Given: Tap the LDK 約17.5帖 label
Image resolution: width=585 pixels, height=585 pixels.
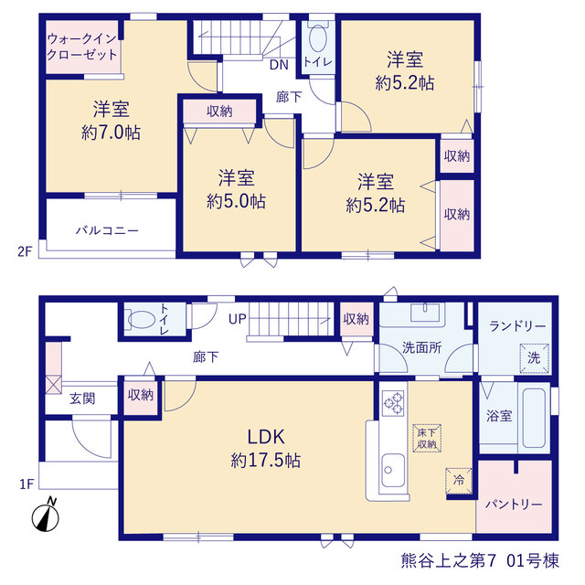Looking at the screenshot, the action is point(266,449).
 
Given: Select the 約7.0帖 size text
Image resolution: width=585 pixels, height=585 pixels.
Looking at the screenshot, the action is point(111,133).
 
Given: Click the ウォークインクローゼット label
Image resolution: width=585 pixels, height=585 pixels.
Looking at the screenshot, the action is point(82,47).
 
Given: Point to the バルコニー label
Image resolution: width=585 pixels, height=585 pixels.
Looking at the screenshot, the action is point(107,230).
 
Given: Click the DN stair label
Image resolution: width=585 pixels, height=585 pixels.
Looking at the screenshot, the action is point(279,65).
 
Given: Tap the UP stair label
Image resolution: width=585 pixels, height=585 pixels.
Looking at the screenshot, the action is point(238,319).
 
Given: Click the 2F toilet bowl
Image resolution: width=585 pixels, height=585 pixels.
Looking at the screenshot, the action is point(318,38).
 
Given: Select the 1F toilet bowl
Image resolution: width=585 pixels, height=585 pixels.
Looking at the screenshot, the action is point(142,319).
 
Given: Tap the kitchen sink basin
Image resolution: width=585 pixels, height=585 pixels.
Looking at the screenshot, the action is point(392,470).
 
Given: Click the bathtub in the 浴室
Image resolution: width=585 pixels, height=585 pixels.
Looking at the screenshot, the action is point(534,418).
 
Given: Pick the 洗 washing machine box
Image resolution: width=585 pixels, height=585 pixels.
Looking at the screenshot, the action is point(534,357).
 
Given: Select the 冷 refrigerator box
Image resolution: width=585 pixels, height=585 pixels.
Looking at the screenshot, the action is point(459,480).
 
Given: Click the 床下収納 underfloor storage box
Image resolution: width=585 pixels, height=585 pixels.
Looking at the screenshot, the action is point(427,439).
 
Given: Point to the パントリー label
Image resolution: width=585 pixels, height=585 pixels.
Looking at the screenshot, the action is point(514,505).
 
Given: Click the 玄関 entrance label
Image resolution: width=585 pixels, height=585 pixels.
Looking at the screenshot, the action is point(82,399).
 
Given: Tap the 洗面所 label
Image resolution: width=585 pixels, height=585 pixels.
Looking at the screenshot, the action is point(422,347).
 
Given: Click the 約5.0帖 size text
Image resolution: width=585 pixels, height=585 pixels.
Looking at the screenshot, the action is point(236,201).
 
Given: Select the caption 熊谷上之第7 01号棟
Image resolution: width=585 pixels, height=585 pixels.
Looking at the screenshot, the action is point(480,560).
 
